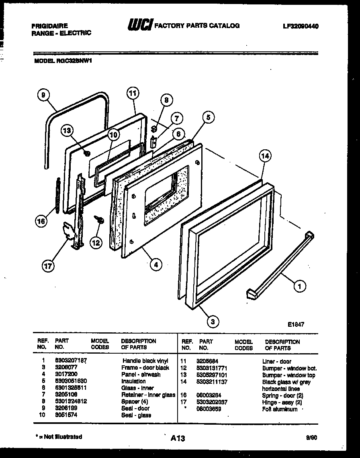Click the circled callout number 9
(x=43, y=95)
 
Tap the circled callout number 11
(x=133, y=93)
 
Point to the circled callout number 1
(x=299, y=286)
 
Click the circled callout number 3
(x=213, y=321)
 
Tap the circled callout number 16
(x=41, y=221)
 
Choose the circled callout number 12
(x=96, y=242)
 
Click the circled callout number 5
(x=208, y=118)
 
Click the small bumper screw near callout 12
(x=98, y=220)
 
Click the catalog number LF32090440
(x=298, y=26)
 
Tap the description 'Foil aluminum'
(x=280, y=409)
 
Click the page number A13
(x=177, y=439)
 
